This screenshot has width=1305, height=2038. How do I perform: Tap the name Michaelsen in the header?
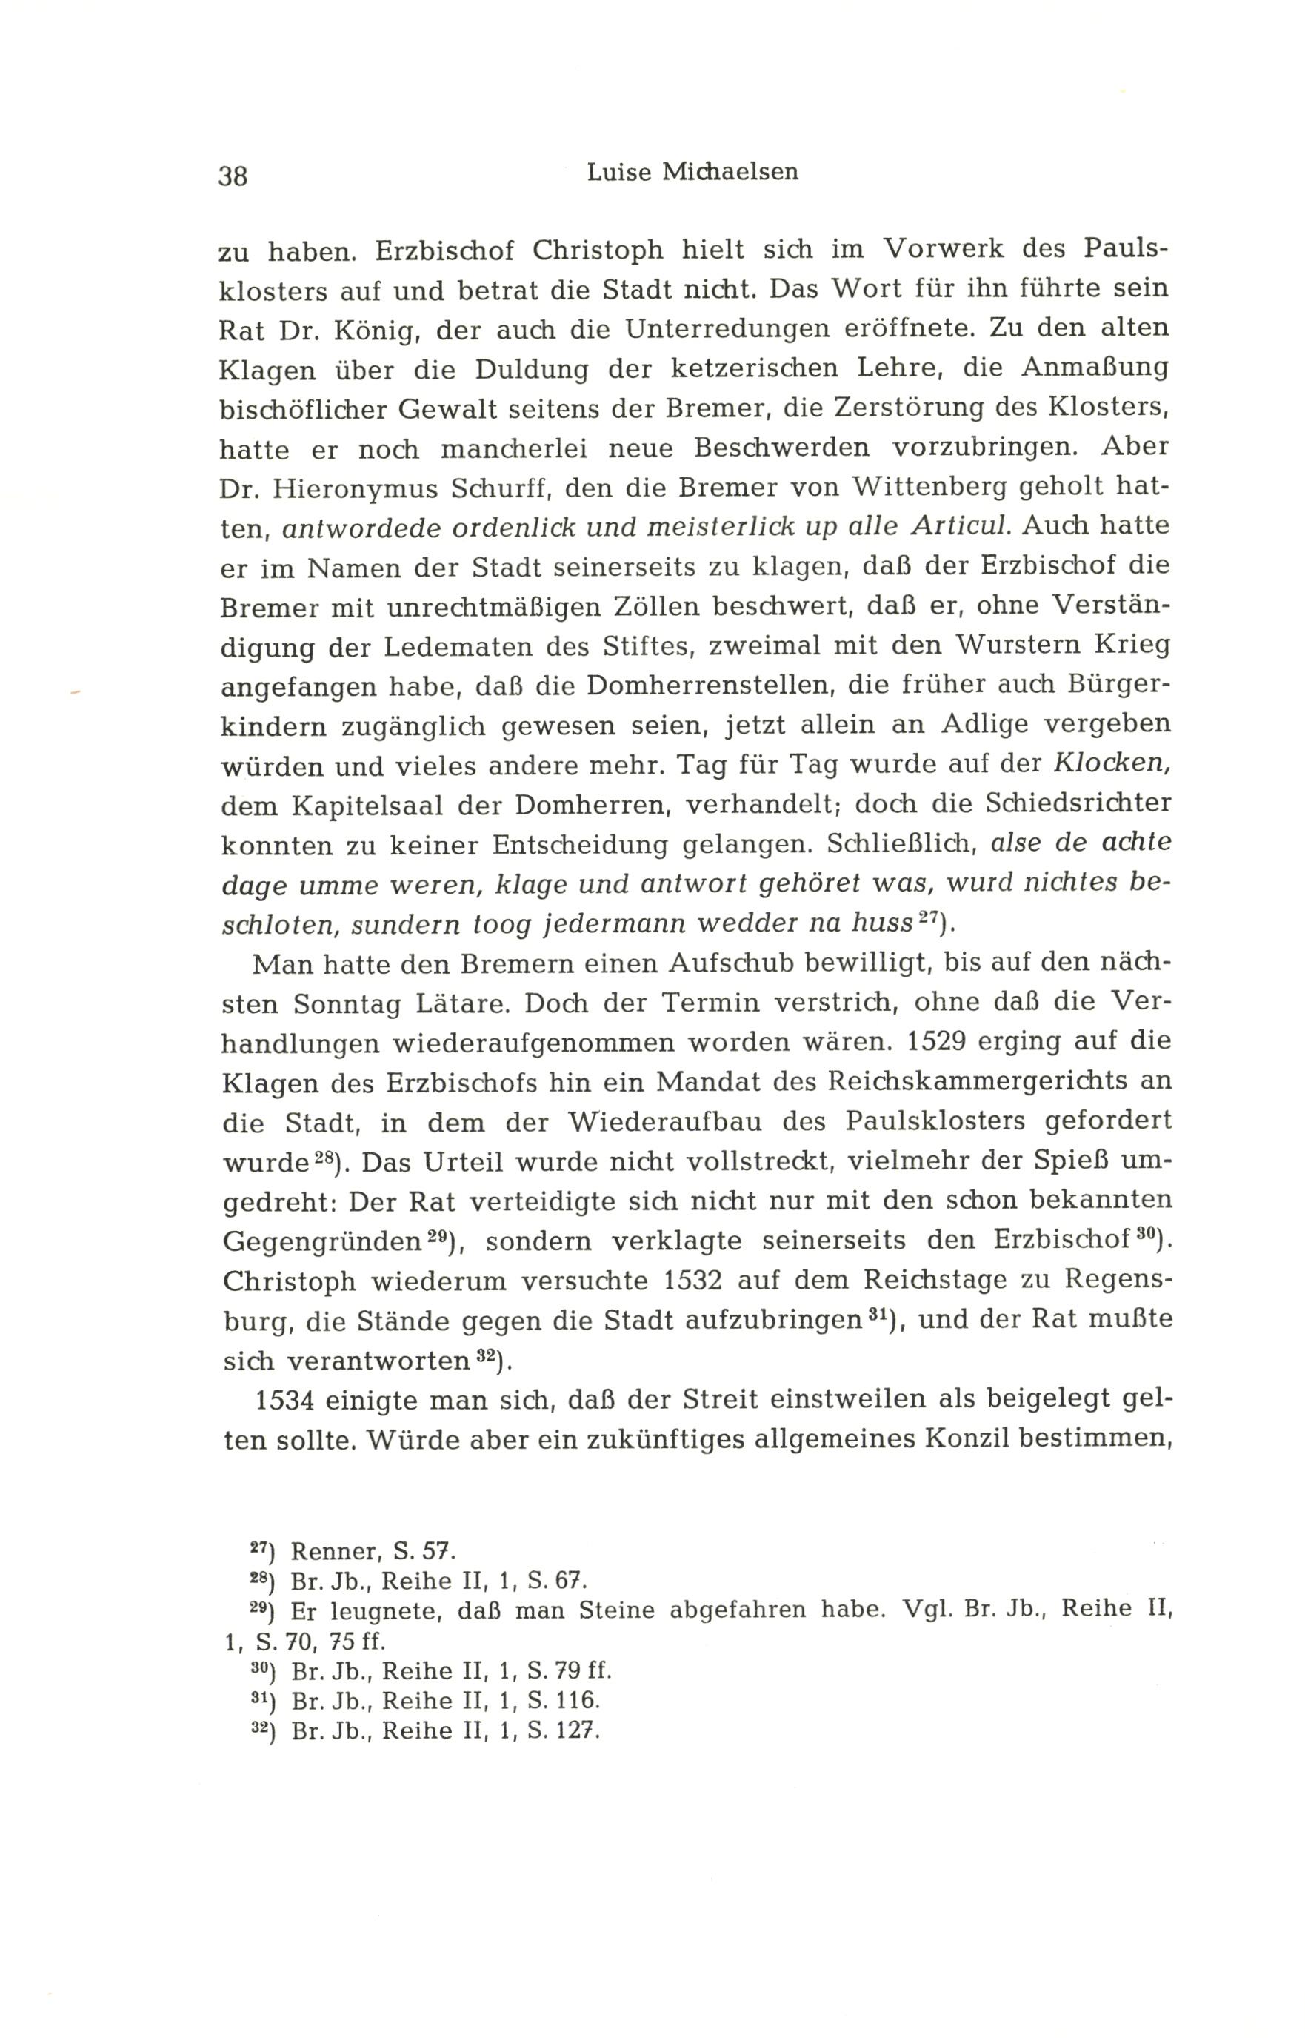pyautogui.click(x=730, y=172)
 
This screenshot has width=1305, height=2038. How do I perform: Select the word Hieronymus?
pyautogui.click(x=355, y=489)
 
